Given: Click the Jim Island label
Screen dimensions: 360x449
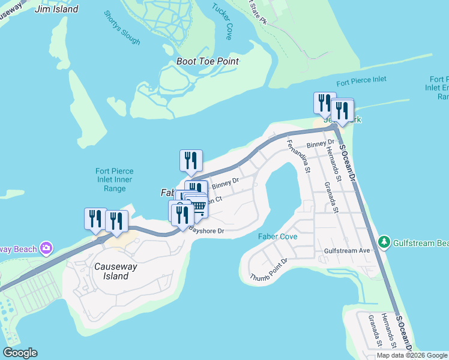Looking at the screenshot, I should click(56, 10).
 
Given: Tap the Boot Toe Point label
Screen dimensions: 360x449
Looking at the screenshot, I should click(208, 61).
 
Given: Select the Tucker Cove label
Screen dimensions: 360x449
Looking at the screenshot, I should click(221, 21).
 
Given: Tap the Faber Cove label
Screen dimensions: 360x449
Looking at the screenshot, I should click(277, 237).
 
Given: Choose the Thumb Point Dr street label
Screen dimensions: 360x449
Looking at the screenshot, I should click(270, 269).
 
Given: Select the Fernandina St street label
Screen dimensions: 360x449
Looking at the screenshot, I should click(298, 156).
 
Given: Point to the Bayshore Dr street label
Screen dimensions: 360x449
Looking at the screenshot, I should click(206, 230).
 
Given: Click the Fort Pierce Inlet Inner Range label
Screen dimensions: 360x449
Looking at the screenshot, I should click(114, 180).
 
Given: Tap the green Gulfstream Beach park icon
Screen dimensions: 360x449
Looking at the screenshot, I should click(384, 242).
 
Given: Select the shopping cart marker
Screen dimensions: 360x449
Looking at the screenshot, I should click(197, 206).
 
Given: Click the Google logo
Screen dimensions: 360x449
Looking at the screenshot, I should click(20, 353).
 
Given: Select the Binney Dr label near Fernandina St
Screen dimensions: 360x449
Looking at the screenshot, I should click(319, 145).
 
